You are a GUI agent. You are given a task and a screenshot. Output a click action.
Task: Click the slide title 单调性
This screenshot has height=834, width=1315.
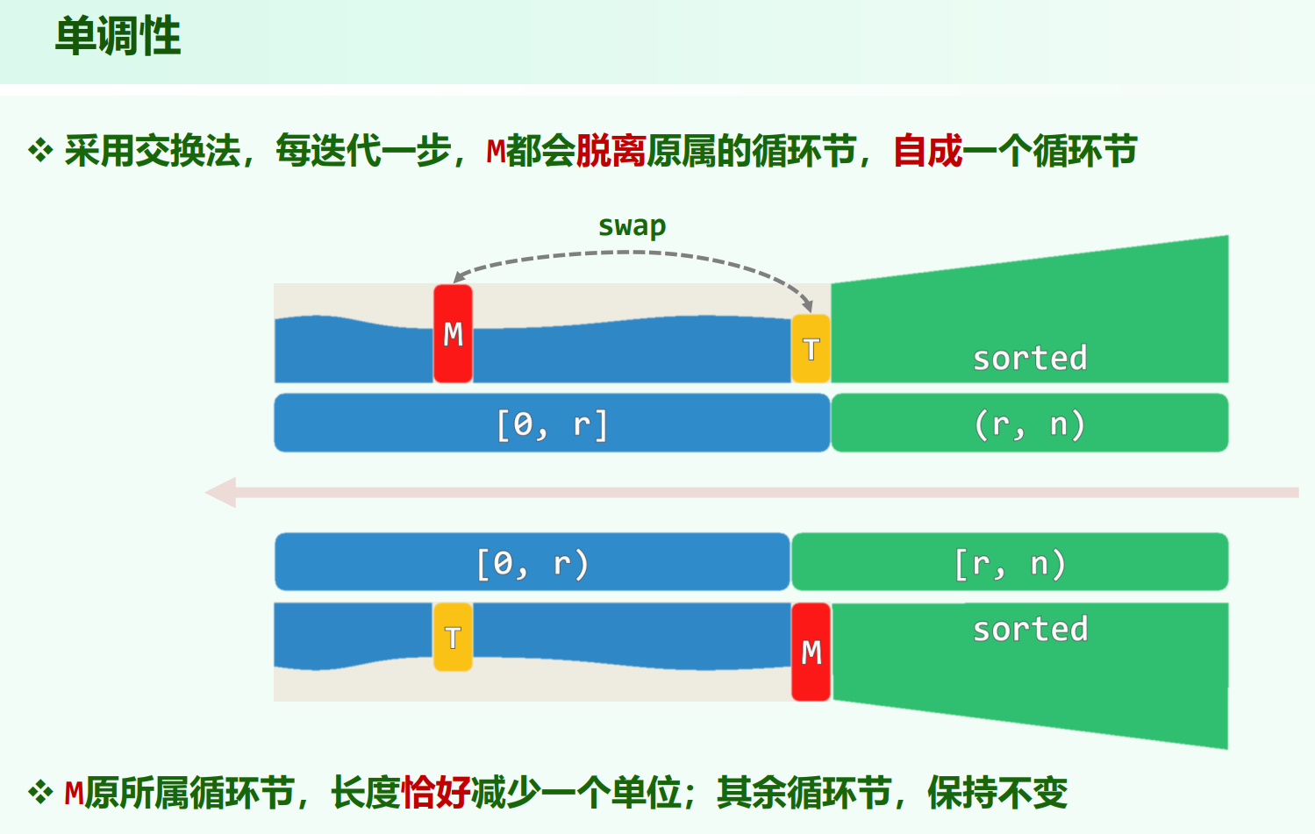(x=118, y=38)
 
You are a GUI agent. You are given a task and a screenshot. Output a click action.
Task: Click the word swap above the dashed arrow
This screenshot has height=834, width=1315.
(x=632, y=226)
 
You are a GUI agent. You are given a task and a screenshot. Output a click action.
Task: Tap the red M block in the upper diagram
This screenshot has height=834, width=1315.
(x=453, y=333)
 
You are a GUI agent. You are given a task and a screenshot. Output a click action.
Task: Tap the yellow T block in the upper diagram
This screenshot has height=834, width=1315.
(x=811, y=348)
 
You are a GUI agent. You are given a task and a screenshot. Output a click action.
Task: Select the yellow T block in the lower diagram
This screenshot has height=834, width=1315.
(x=453, y=637)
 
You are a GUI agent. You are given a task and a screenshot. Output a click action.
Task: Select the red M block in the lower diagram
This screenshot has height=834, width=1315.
(x=811, y=652)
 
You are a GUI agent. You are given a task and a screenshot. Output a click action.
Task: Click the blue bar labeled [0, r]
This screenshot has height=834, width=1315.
(x=552, y=424)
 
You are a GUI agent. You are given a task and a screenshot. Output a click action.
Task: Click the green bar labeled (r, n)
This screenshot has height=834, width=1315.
(x=1029, y=424)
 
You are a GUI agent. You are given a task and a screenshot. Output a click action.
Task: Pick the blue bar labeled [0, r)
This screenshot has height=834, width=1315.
(x=532, y=562)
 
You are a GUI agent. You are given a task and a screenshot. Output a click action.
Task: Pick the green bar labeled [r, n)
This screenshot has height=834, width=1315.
(x=1009, y=562)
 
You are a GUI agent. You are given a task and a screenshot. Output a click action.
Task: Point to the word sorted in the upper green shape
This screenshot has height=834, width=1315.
(x=1030, y=358)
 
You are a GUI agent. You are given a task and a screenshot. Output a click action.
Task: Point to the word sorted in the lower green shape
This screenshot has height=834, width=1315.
(x=1030, y=629)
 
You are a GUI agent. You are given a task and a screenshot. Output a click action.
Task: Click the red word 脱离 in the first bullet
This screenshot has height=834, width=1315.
(x=611, y=152)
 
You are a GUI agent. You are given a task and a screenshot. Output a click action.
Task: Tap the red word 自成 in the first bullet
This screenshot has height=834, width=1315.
(x=927, y=152)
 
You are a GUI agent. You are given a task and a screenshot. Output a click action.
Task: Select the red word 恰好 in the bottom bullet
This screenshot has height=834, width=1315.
(x=436, y=794)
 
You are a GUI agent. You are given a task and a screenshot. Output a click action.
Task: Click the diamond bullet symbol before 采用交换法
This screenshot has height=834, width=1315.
(x=40, y=151)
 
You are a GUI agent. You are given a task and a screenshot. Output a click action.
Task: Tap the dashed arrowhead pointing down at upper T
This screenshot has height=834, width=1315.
(x=806, y=306)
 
